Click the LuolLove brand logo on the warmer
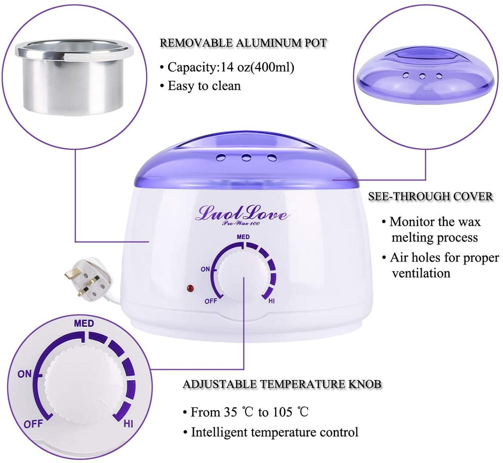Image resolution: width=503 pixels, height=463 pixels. (243, 214)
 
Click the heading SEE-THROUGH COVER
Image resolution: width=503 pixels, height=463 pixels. (430, 196)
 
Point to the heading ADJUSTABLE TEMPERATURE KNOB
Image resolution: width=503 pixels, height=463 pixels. (282, 384)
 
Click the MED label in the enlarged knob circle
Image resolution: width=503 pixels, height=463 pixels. (84, 323)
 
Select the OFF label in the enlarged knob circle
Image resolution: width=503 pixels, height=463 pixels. (33, 424)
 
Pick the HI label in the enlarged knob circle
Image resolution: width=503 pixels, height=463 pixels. (128, 424)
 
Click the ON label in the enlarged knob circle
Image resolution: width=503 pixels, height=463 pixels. (25, 374)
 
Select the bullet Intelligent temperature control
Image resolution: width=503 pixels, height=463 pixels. (275, 432)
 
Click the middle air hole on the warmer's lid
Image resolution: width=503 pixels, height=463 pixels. (246, 158)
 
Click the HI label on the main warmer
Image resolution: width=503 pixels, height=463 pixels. (271, 302)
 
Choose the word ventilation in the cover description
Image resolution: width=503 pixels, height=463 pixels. (421, 273)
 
